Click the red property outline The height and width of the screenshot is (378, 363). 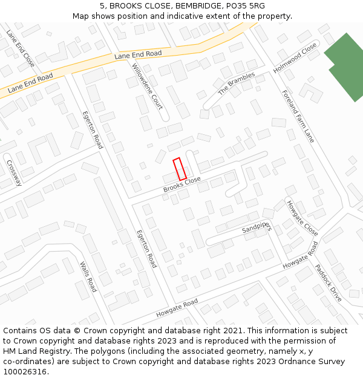(x=180, y=169)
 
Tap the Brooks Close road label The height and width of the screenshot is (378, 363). (x=181, y=185)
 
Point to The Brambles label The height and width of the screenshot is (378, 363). (x=237, y=83)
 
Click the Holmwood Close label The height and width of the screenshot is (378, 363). (x=295, y=59)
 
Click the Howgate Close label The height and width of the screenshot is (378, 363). (x=302, y=218)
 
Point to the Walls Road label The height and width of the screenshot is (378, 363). (x=88, y=276)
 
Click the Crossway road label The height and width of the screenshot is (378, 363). (x=13, y=172)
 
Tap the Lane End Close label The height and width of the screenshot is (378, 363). (x=21, y=48)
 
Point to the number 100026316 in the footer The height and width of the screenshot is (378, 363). (x=26, y=372)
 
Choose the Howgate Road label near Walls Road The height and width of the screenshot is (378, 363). (x=177, y=308)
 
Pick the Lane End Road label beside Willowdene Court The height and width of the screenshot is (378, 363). (x=138, y=54)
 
